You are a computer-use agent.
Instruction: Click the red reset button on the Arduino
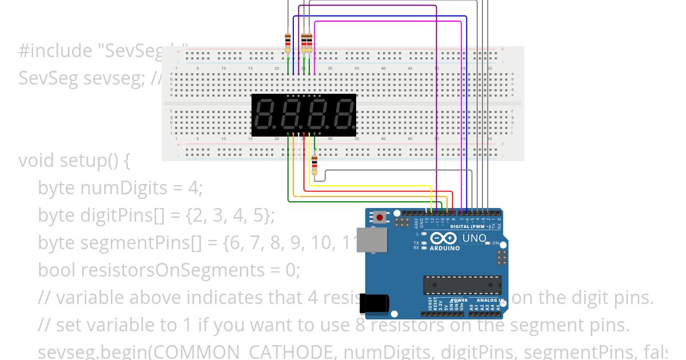(380, 217)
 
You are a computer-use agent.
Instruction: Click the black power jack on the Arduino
(374, 303)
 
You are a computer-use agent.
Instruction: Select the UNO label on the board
(474, 238)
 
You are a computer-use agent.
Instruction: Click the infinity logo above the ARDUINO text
(444, 239)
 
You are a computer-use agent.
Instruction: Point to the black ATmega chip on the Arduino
(462, 285)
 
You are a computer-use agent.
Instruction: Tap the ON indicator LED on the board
(488, 243)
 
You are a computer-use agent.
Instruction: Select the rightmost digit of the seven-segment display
(344, 115)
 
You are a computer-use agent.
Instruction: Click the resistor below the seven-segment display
(314, 164)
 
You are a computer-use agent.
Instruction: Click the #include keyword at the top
(55, 51)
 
